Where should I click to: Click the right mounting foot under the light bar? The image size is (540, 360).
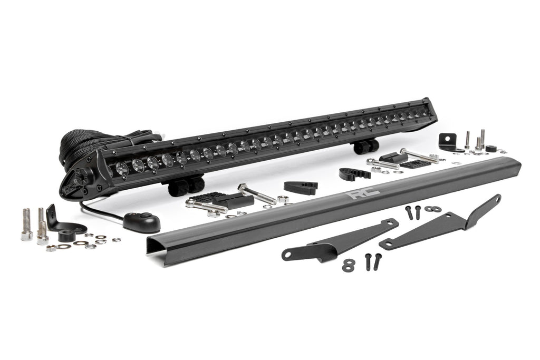click(x=367, y=145)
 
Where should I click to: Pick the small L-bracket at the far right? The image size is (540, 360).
click(x=449, y=141)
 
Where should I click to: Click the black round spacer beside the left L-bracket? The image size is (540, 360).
click(x=67, y=236)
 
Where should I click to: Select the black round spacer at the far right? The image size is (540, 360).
click(x=491, y=148)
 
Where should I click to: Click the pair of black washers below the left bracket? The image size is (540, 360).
click(x=348, y=265)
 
